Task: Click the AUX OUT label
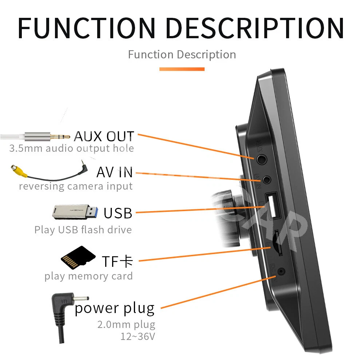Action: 104,136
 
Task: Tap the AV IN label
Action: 114,172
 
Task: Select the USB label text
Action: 118,213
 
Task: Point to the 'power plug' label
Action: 115,308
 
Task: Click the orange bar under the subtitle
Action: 182,69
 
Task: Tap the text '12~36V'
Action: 138,336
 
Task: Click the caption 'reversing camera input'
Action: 76,186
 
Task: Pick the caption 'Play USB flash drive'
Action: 83,230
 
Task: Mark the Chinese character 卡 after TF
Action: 126,261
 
